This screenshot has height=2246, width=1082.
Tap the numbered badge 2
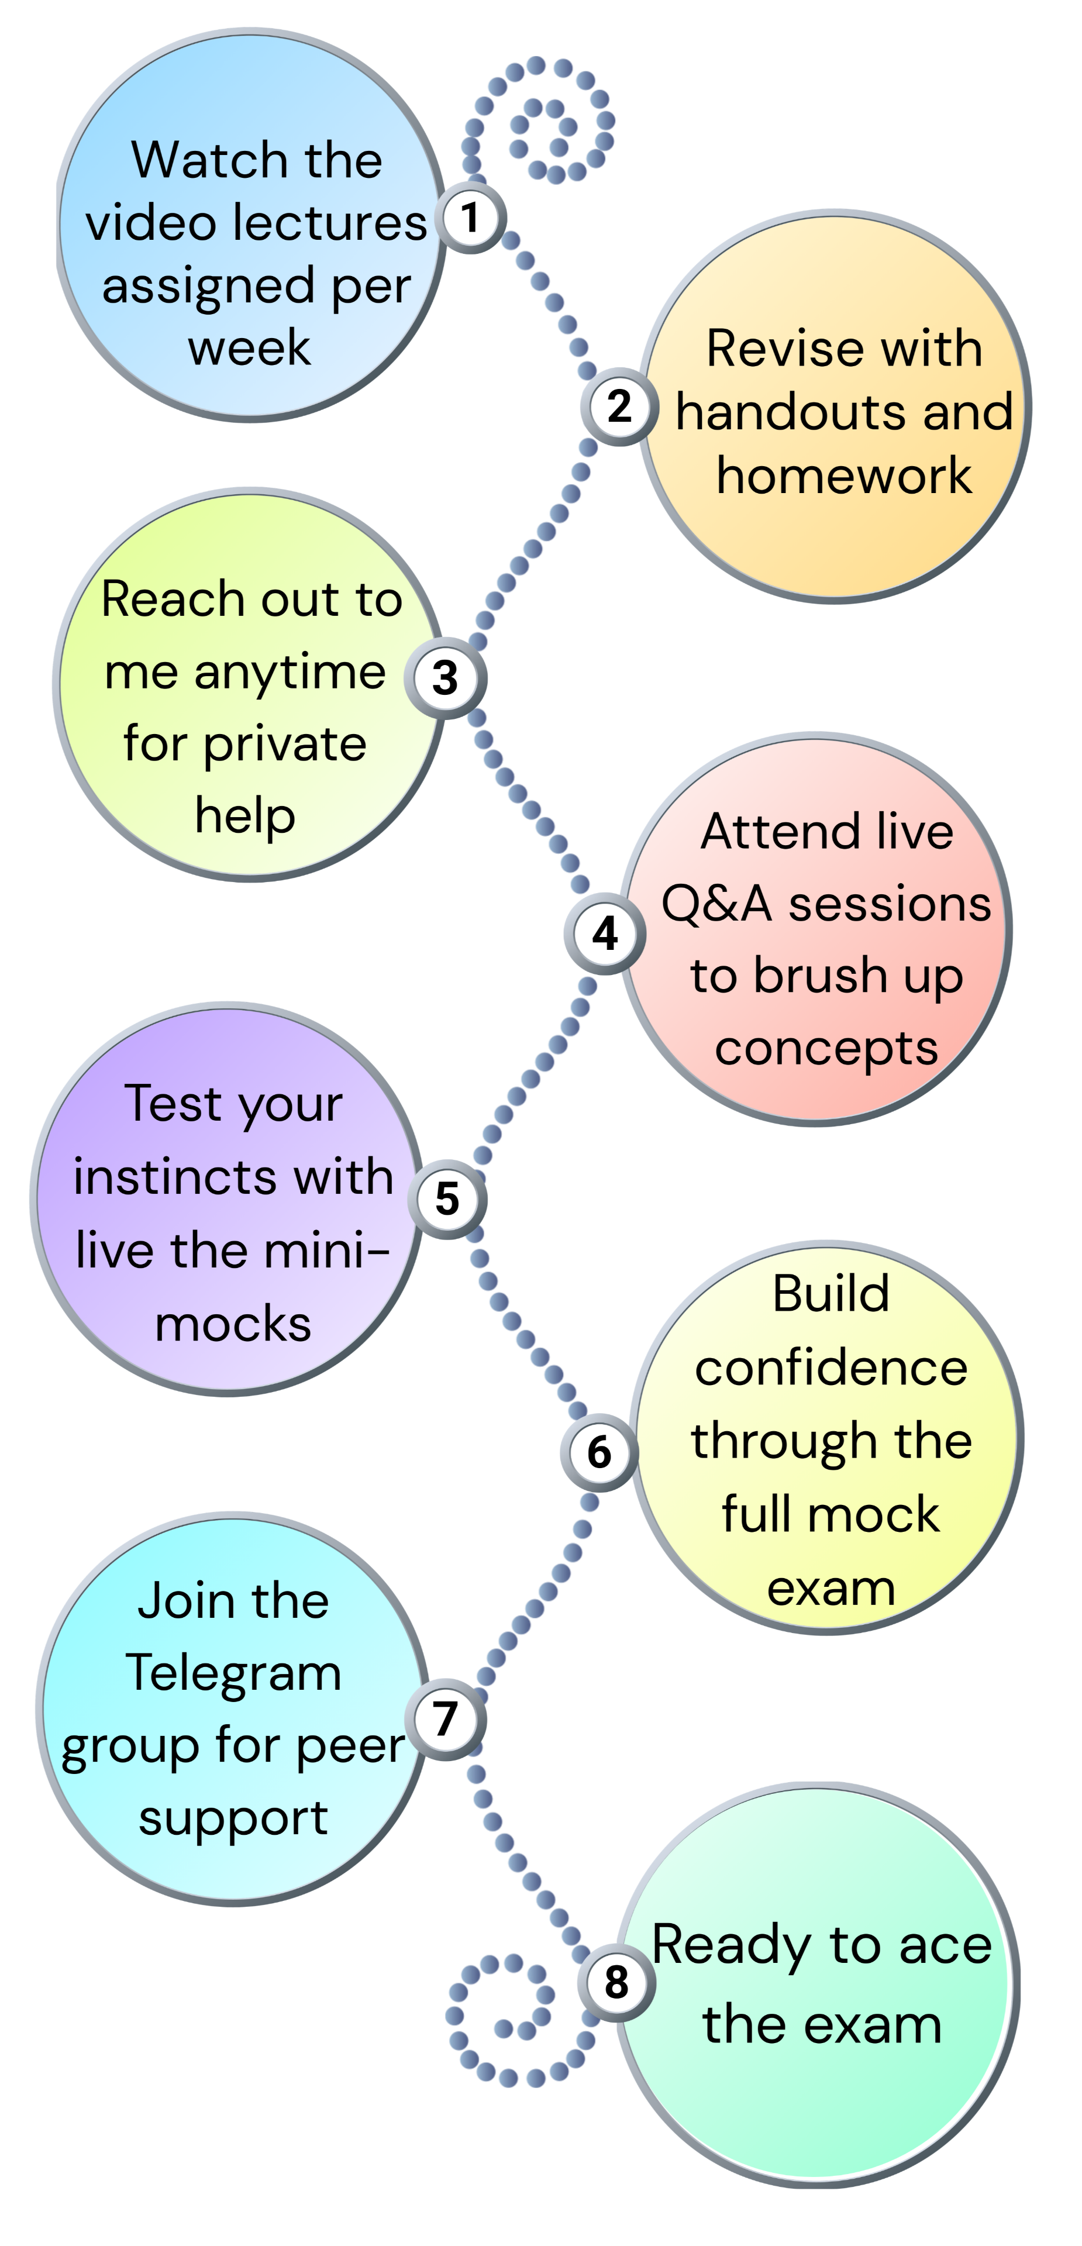[x=618, y=407]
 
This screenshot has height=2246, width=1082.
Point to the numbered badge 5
[x=447, y=1199]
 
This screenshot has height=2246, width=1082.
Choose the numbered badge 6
[x=599, y=1452]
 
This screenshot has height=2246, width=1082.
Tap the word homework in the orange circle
[x=843, y=476]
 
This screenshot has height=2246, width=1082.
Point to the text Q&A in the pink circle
[x=716, y=904]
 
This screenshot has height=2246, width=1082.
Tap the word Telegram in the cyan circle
[x=234, y=1673]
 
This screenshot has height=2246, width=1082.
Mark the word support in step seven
[x=234, y=1819]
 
